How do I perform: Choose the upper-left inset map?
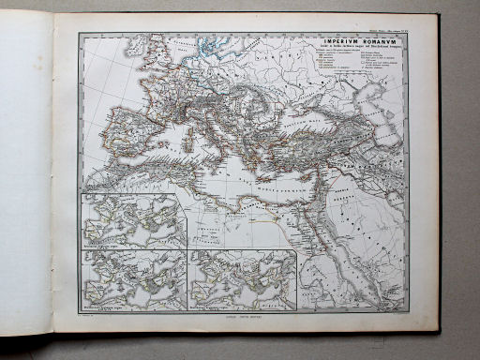(132, 221)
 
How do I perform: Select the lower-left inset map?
(132, 279)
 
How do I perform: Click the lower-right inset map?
(242, 279)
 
